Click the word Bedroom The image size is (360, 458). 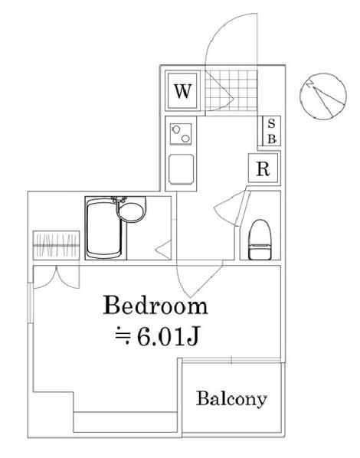155,305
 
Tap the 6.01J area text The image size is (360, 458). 168,336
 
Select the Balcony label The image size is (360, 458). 231,399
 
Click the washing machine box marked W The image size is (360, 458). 182,91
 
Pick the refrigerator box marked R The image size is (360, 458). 263,168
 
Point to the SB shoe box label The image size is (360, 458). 271,131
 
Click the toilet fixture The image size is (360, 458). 260,240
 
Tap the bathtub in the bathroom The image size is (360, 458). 104,229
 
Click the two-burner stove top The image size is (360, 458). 181,134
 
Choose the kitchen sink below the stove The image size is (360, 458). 182,170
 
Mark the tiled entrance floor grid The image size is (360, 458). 231,90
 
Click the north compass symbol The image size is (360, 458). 323,96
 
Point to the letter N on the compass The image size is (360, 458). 309,84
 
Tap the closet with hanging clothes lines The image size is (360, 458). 57,245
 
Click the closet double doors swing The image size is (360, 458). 57,277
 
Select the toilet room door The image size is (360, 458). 233,208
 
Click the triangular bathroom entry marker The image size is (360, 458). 163,250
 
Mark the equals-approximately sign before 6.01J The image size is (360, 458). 123,337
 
